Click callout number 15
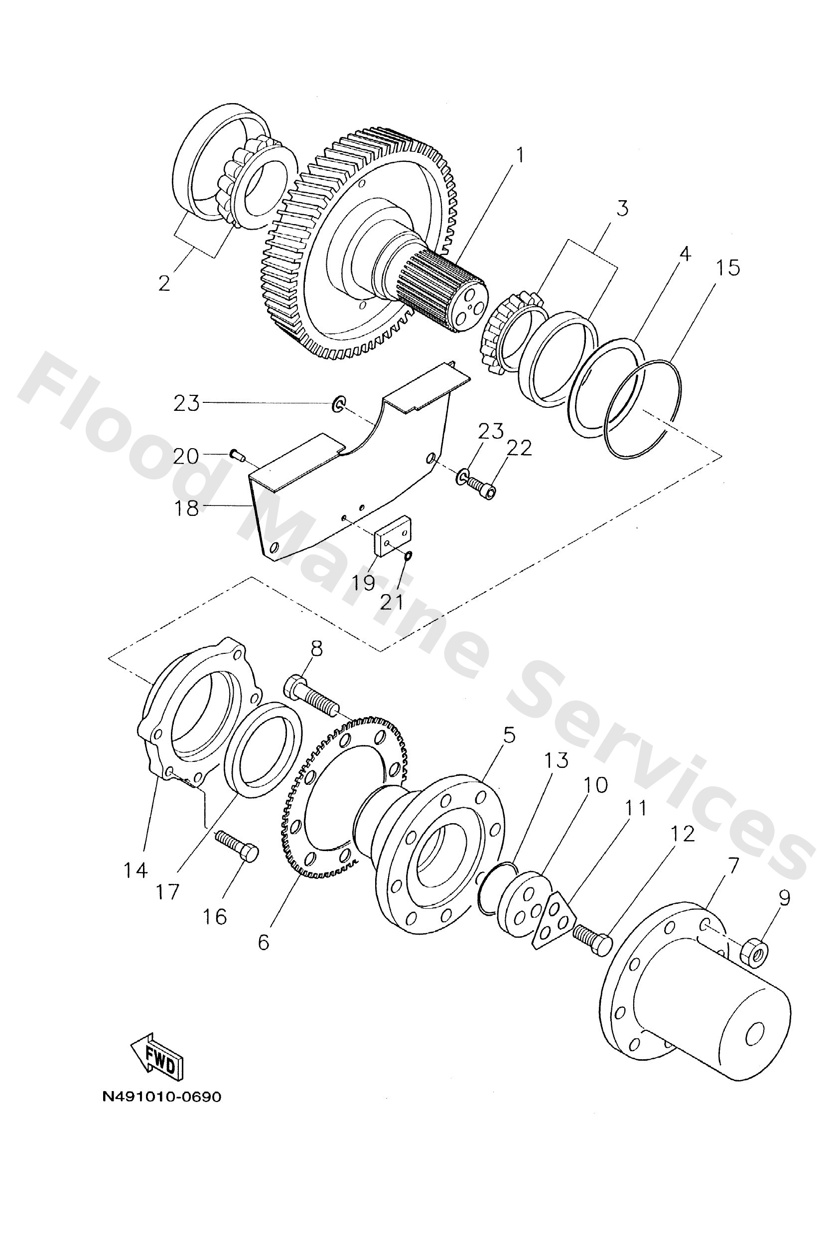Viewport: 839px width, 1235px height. point(727,267)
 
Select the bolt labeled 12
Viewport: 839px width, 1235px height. point(592,936)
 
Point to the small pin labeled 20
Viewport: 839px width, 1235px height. point(236,454)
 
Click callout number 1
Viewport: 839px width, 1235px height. point(520,156)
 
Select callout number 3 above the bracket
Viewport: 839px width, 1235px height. point(622,208)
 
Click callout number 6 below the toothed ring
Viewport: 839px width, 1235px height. point(264,943)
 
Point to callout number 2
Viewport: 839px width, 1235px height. point(165,283)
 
